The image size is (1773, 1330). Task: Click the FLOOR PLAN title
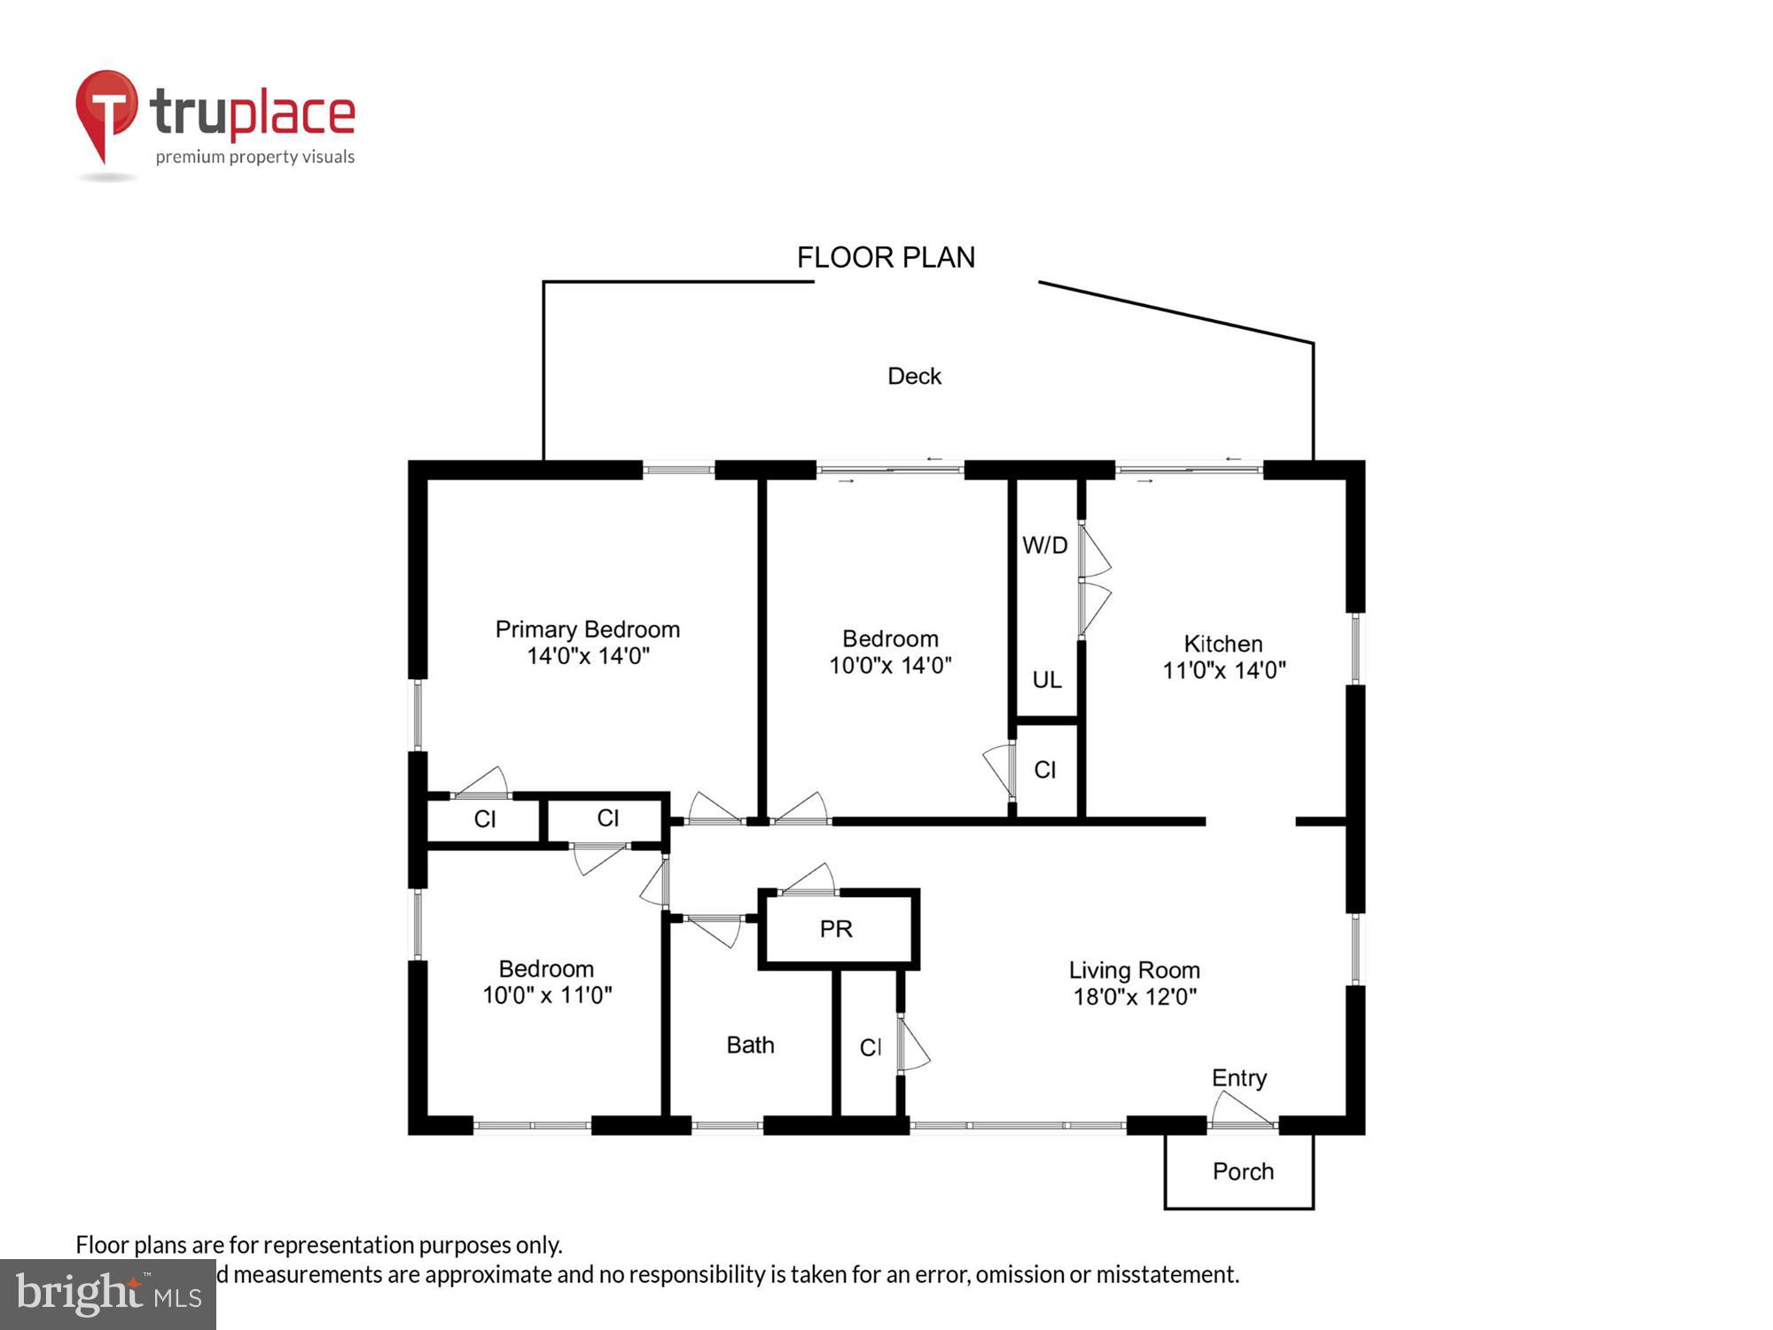point(886,257)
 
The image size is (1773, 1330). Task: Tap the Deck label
point(914,376)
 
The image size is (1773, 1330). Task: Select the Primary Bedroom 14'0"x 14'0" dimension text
point(588,656)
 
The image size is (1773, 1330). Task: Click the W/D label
point(1044,545)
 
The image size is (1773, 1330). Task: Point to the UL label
point(1046,680)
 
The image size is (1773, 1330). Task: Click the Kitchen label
point(1222,644)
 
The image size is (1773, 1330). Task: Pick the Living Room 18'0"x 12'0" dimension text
point(1135,997)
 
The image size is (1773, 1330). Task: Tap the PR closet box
point(837,928)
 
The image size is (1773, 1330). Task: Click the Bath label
point(750,1045)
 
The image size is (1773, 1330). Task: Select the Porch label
point(1243,1171)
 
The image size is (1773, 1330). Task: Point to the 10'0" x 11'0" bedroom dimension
point(547,995)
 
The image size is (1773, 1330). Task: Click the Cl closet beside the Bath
point(870,1048)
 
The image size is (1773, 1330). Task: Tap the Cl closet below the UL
point(1044,770)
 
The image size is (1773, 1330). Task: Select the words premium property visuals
point(255,158)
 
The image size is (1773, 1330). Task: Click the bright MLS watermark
point(108,1295)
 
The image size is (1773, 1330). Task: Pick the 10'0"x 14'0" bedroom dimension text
point(890,665)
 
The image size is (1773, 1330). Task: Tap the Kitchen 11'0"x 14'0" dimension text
point(1223,670)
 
